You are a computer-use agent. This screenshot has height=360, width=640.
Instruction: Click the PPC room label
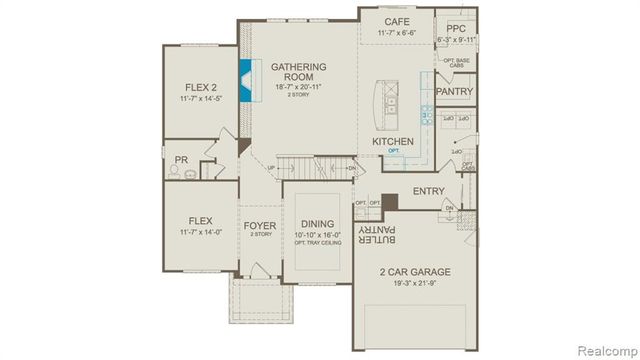456,28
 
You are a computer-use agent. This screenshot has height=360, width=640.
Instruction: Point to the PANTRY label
455,92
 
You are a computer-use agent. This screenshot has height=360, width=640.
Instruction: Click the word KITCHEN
393,142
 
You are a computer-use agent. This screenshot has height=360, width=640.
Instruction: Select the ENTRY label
428,191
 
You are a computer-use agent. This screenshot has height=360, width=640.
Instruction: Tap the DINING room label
317,224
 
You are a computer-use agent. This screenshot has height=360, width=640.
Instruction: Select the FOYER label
259,225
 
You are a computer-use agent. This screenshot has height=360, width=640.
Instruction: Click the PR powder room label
181,159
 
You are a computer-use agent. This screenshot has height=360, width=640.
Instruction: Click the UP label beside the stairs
270,167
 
